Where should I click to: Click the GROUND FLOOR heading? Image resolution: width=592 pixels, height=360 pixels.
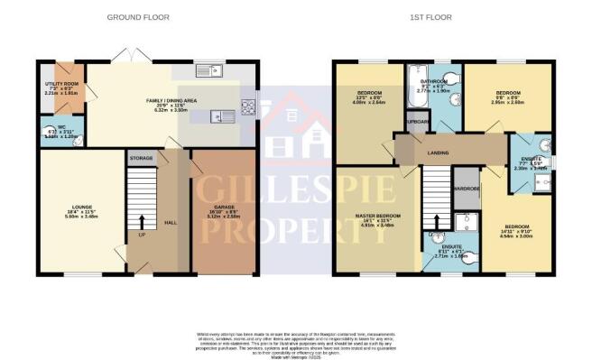coord(139,17)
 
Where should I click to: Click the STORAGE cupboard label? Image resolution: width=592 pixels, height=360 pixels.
coord(140,158)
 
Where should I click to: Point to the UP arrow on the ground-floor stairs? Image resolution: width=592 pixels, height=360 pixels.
coord(142,220)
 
